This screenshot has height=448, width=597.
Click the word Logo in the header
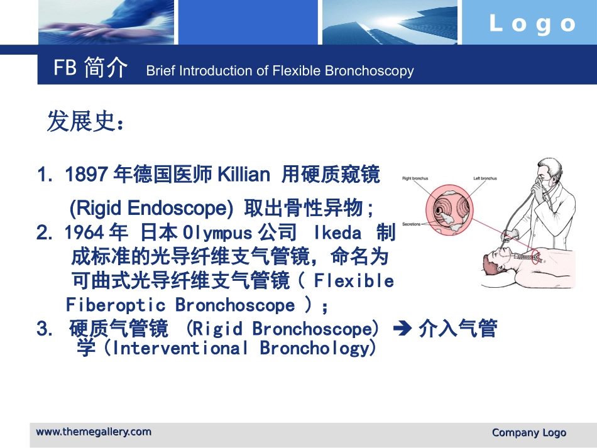[x=532, y=24]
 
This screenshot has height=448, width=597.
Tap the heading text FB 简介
[x=90, y=68]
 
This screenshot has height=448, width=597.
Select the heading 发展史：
[x=85, y=122]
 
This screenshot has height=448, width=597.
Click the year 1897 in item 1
[x=87, y=175]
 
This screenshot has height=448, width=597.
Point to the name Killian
[x=243, y=175]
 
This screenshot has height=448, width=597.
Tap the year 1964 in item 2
[x=84, y=233]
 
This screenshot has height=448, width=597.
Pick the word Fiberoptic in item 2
[x=116, y=305]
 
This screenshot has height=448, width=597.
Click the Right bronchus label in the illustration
[x=415, y=178]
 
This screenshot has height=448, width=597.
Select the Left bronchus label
[x=485, y=178]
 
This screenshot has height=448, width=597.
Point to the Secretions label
[x=412, y=224]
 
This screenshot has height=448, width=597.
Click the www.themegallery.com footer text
[x=94, y=432]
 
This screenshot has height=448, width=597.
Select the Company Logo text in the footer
[x=529, y=432]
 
